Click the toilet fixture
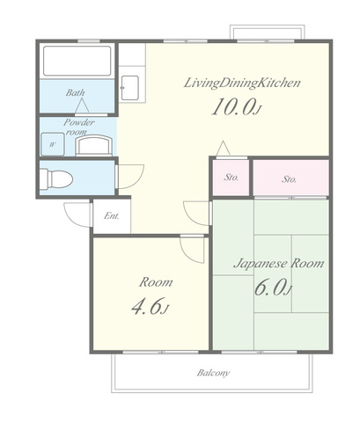click(x=55, y=178)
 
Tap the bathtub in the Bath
click(x=77, y=61)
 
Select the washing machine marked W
click(x=53, y=144)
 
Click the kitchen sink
click(x=129, y=87)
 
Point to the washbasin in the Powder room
click(x=94, y=145)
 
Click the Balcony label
click(x=213, y=373)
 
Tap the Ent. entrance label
click(x=112, y=216)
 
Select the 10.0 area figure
click(x=236, y=107)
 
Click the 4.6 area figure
click(x=151, y=307)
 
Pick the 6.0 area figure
click(x=274, y=287)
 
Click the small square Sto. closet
click(x=231, y=178)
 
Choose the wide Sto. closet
click(x=290, y=178)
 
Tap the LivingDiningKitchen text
click(x=242, y=83)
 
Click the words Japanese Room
click(x=279, y=263)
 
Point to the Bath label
click(x=75, y=92)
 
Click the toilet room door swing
click(x=129, y=177)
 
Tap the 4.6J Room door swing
click(x=192, y=250)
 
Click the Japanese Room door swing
click(x=197, y=214)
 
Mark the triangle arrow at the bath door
click(x=82, y=106)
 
